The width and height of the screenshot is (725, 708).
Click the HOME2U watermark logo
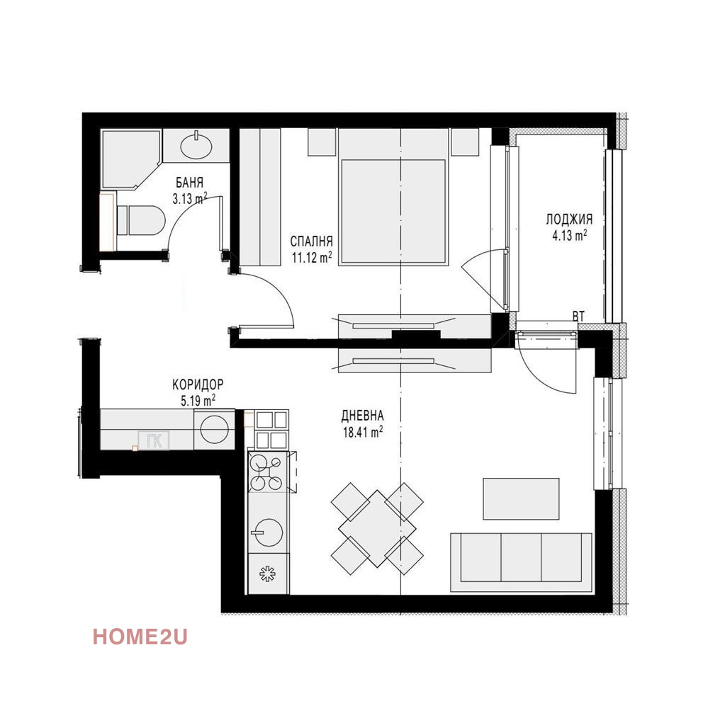140,637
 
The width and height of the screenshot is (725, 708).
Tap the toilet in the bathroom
138,220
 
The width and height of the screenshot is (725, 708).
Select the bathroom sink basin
196,147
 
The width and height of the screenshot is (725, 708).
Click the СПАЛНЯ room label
311,241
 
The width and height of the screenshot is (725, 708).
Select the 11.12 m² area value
311,258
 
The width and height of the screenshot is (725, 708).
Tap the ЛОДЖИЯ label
569,219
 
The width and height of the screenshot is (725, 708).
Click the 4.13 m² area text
569,236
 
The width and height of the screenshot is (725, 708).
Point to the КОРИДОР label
198,384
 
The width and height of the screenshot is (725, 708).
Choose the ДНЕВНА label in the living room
362,415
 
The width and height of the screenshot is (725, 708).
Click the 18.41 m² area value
362,430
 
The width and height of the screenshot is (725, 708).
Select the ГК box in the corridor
154,441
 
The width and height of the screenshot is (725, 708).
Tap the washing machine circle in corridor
213,429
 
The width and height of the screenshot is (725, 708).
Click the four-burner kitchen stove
267,473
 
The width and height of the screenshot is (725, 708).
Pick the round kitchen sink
268,531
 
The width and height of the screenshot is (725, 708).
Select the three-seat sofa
521,561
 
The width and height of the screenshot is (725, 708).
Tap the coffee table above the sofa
521,498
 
